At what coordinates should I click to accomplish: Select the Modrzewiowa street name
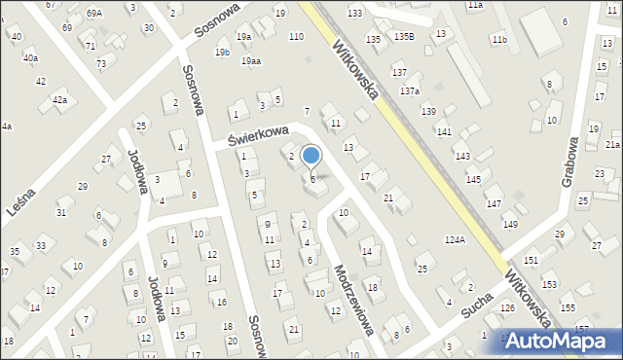[353, 299]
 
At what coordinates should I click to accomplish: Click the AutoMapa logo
[559, 341]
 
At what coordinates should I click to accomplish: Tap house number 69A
[93, 13]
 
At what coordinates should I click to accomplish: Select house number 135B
[404, 37]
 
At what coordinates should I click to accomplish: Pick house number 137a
[409, 90]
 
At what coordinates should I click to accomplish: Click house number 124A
[455, 238]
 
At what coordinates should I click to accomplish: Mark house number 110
[296, 36]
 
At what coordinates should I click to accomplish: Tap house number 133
[354, 13]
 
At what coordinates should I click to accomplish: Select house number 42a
[60, 99]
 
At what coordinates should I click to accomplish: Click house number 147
[495, 203]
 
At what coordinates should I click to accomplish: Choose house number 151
[531, 260]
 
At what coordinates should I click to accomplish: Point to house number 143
[462, 156]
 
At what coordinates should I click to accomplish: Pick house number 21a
[612, 144]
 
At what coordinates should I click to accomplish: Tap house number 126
[507, 307]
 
